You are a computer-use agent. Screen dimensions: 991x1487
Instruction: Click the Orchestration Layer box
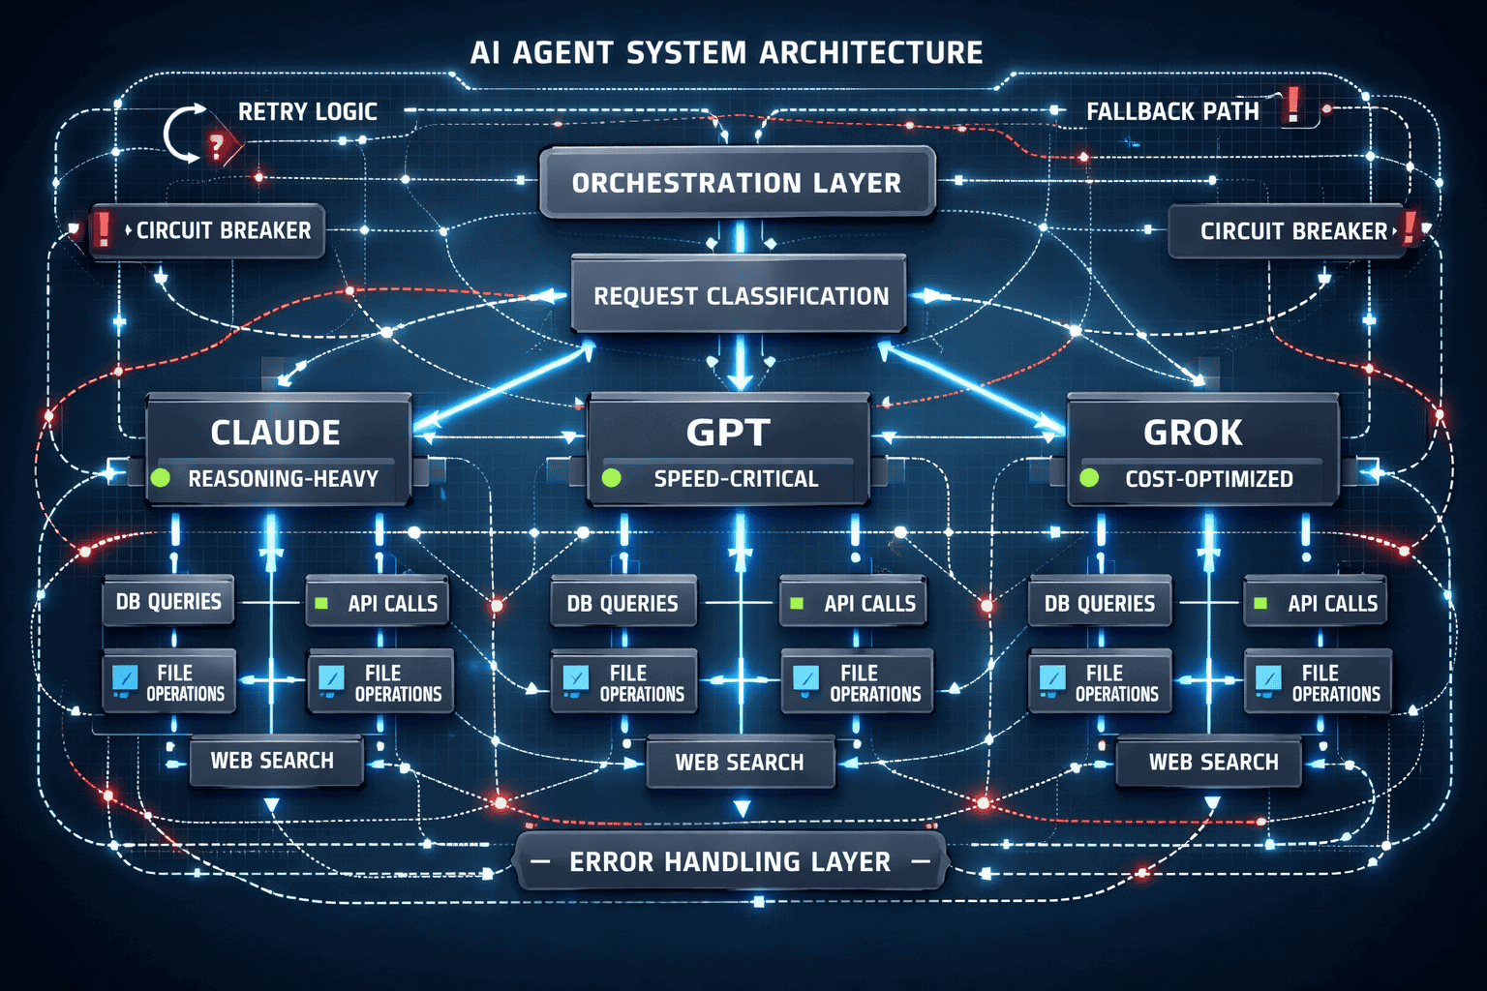click(x=737, y=182)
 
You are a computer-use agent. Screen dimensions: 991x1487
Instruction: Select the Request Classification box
click(x=740, y=295)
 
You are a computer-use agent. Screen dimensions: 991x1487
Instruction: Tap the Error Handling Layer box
click(x=730, y=861)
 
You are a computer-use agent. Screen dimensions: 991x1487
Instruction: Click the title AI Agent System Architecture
click(x=726, y=52)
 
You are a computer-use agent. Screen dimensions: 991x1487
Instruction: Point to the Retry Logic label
click(x=307, y=112)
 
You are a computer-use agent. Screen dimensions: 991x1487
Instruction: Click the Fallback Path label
click(x=1172, y=112)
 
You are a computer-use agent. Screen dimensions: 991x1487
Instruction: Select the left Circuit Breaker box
click(x=207, y=230)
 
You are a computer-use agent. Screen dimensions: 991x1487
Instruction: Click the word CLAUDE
click(x=275, y=433)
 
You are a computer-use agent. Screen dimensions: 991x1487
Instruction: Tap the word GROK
click(x=1193, y=433)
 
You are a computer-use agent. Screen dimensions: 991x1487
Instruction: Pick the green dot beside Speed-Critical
click(x=611, y=477)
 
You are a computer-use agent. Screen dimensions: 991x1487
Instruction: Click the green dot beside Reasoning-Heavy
click(x=161, y=477)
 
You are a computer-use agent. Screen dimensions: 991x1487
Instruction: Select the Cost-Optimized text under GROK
click(x=1208, y=479)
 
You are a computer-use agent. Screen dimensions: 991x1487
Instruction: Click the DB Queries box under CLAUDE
click(x=168, y=602)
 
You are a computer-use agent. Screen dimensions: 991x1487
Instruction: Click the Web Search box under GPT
click(x=740, y=763)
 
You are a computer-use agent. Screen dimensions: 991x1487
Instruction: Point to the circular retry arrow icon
click(x=184, y=134)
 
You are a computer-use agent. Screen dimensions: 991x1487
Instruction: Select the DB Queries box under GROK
click(x=1099, y=604)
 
